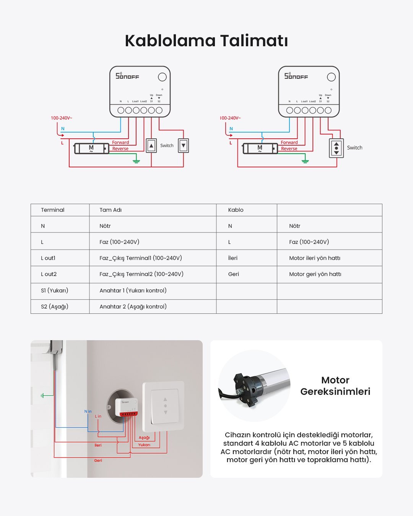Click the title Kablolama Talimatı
coord(206,41)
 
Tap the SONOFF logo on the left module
coord(127,76)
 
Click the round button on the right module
coord(331,77)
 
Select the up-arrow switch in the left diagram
coord(151,146)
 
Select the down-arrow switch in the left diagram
coord(184,146)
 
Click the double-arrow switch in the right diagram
coord(336,148)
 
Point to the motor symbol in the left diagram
coord(91,148)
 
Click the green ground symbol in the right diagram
coord(305,160)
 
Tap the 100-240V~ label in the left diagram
coord(61,118)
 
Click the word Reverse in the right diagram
coord(289,149)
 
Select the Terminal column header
coord(53,210)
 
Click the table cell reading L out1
coord(48,258)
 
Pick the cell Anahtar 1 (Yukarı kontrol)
coord(133,290)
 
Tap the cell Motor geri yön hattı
coord(315,274)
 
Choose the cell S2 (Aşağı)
coord(55,307)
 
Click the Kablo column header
coord(236,210)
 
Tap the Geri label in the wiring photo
coord(98,461)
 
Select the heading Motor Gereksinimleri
coord(335,386)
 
